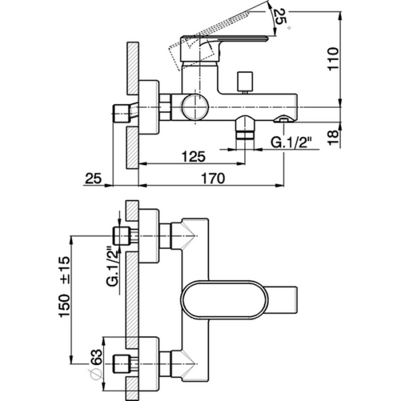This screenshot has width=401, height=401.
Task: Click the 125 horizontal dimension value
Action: point(192,156)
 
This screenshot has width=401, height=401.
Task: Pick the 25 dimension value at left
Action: point(94,178)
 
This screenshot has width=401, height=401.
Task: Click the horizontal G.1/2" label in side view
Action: point(289,141)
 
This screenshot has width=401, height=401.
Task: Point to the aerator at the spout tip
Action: point(283,120)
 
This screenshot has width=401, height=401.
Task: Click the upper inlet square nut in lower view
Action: point(122,236)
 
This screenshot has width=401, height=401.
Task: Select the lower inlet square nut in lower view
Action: point(122,365)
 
